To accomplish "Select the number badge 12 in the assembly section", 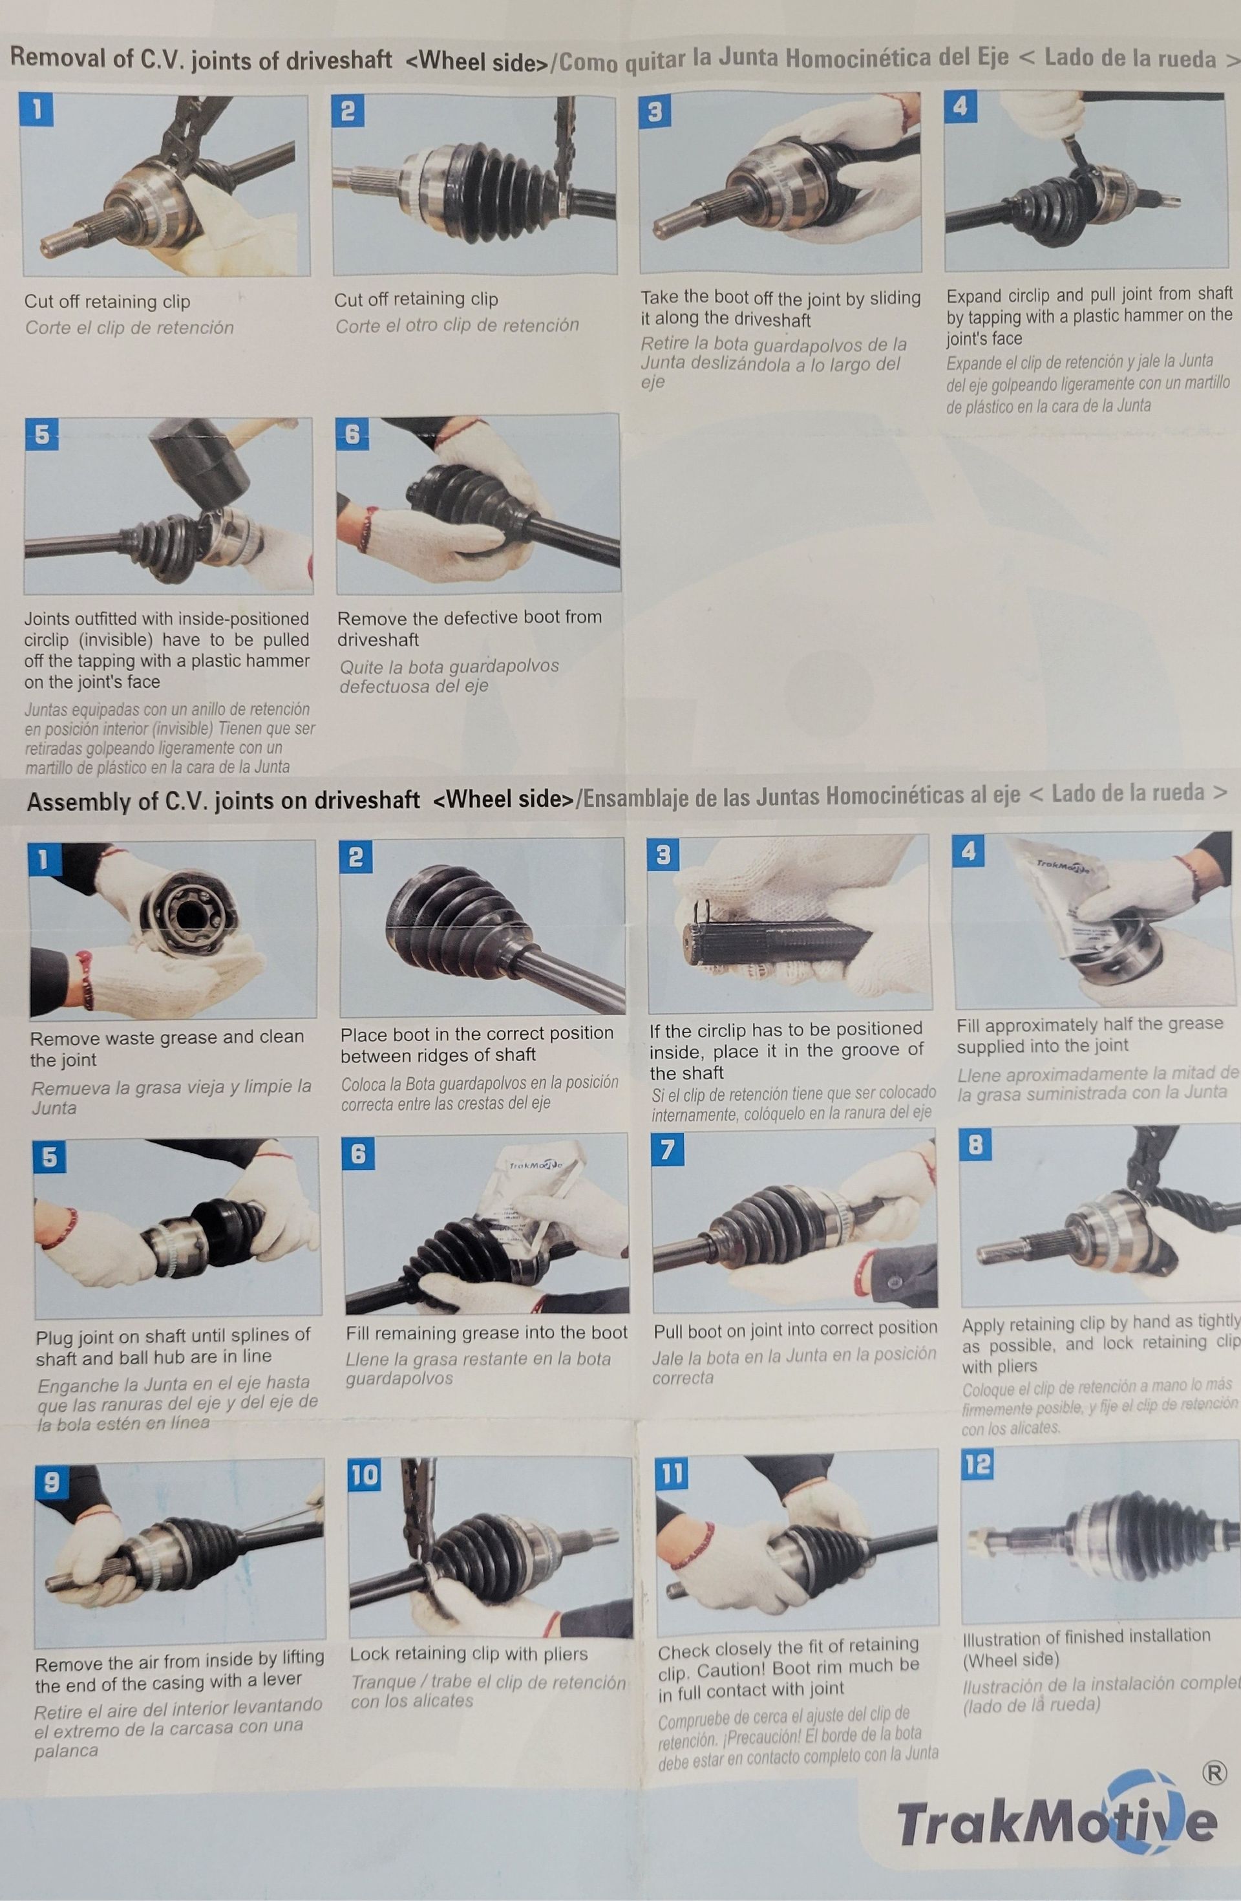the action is coord(977,1464).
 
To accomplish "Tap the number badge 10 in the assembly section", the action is coord(364,1474).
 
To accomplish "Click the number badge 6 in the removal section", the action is coord(352,435).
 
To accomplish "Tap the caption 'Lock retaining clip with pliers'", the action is coord(468,1653).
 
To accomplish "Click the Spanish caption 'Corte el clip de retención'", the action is coord(129,327).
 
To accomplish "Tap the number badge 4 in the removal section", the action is coord(960,106).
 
